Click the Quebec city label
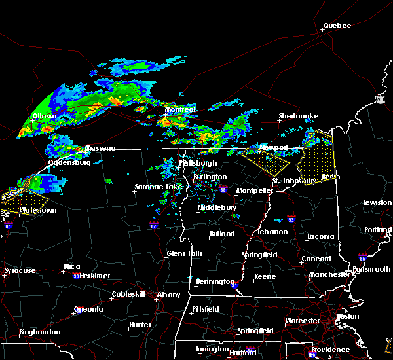[x=337, y=26]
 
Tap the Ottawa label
[x=45, y=117]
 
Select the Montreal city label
[x=181, y=110]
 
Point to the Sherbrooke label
[x=299, y=116]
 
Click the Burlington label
[x=210, y=177]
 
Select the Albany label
[x=168, y=295]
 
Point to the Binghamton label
[x=39, y=332]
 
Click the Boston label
[x=347, y=317]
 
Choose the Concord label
[x=316, y=259]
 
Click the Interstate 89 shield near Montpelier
[x=223, y=190]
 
